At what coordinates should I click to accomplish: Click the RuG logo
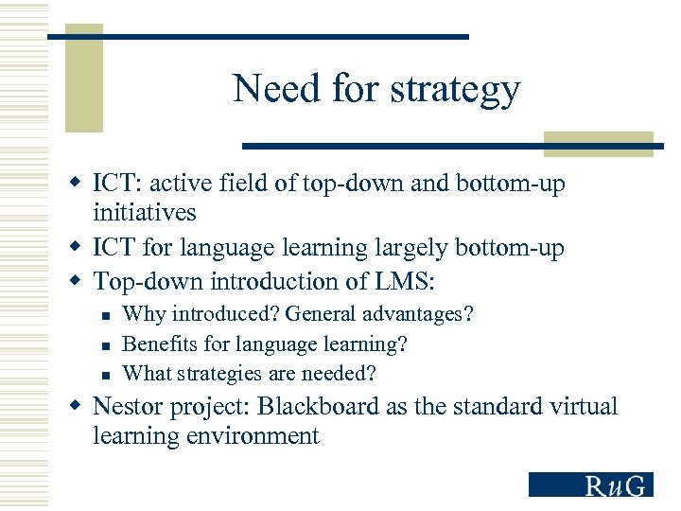590,485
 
